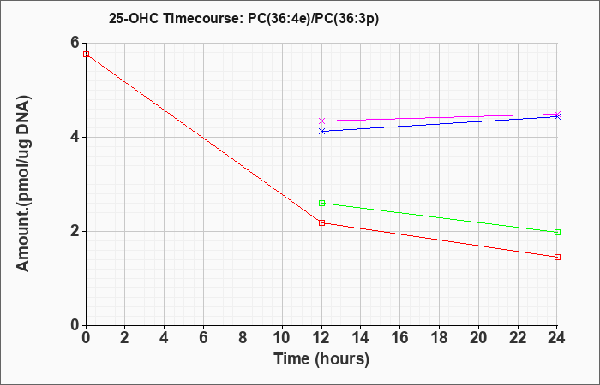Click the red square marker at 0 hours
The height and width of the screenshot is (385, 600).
[86, 54]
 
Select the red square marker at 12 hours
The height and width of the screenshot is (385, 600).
[321, 222]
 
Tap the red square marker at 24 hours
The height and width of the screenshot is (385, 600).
[557, 257]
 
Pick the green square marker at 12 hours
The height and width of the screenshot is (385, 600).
[321, 204]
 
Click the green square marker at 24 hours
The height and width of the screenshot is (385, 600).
[557, 232]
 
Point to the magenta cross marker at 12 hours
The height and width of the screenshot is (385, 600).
[321, 121]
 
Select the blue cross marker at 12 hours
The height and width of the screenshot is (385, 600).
[321, 132]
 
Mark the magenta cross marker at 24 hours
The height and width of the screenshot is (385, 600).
[557, 114]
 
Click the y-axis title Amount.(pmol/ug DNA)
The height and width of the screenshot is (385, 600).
[23, 184]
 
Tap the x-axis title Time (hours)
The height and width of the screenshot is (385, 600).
[321, 359]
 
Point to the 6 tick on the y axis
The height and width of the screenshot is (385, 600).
[75, 43]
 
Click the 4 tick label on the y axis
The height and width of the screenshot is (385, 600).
[75, 137]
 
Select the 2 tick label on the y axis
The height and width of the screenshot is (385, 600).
[75, 231]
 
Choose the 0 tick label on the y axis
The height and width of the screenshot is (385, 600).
[75, 325]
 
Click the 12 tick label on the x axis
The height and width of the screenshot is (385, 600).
[321, 338]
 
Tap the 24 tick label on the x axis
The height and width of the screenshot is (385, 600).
[556, 338]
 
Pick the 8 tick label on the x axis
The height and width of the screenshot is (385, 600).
[243, 338]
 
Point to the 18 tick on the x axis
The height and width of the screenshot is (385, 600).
[439, 338]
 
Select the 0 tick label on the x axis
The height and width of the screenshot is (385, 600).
[86, 338]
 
